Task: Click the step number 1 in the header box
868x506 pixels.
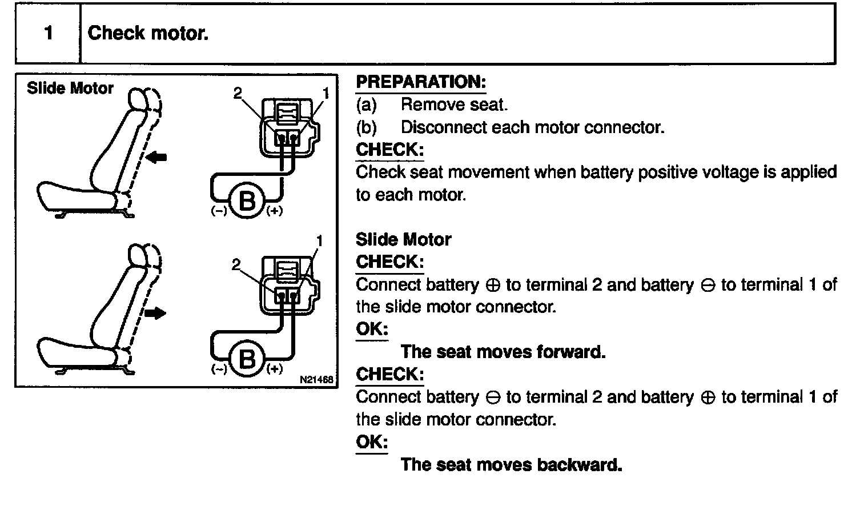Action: click(x=49, y=33)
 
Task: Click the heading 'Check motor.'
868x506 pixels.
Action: click(x=148, y=33)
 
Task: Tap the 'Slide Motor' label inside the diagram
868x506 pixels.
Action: click(x=70, y=89)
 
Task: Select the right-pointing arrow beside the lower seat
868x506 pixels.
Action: click(x=155, y=313)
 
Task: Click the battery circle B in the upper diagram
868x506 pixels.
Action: click(x=247, y=202)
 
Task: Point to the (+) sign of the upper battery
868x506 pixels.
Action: click(x=275, y=211)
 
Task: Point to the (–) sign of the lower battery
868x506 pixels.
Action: click(x=219, y=369)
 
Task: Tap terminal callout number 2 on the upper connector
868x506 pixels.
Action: click(x=238, y=93)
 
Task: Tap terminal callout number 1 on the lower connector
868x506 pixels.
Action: click(x=319, y=241)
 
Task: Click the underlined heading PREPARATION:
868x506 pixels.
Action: click(x=420, y=82)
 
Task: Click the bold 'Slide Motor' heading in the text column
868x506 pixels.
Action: click(x=403, y=239)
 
